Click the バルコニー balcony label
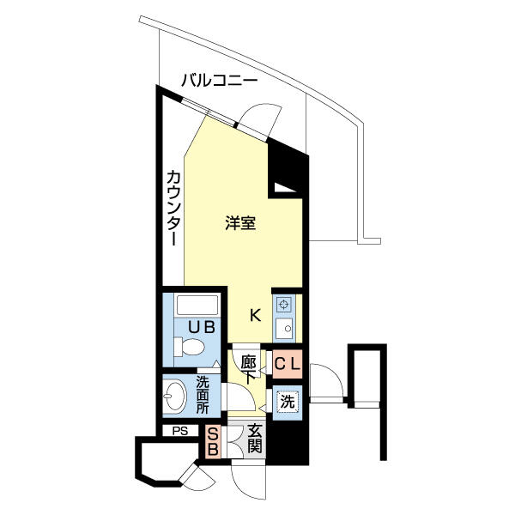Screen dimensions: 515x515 coord(220,81)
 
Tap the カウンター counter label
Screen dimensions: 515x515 coord(173,208)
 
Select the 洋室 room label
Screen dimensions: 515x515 coord(240,223)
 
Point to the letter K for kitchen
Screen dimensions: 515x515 coord(255,315)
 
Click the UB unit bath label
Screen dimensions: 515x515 coord(202,327)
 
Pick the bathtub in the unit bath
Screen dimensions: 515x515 coord(197,305)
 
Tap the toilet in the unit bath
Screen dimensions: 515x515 coord(190,347)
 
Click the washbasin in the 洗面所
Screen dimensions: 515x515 coord(175,396)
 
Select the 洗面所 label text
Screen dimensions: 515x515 coord(203,395)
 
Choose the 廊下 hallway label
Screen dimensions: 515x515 coord(249,370)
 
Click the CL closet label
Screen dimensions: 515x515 coord(288,364)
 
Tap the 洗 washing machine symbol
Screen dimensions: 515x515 coord(288,401)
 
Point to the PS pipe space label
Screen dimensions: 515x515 coord(180,431)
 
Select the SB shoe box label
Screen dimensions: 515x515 coord(213,442)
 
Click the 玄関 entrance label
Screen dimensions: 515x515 coord(255,438)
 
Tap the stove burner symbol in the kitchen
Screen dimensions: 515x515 coord(284,304)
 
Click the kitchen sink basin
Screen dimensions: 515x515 coord(284,329)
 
